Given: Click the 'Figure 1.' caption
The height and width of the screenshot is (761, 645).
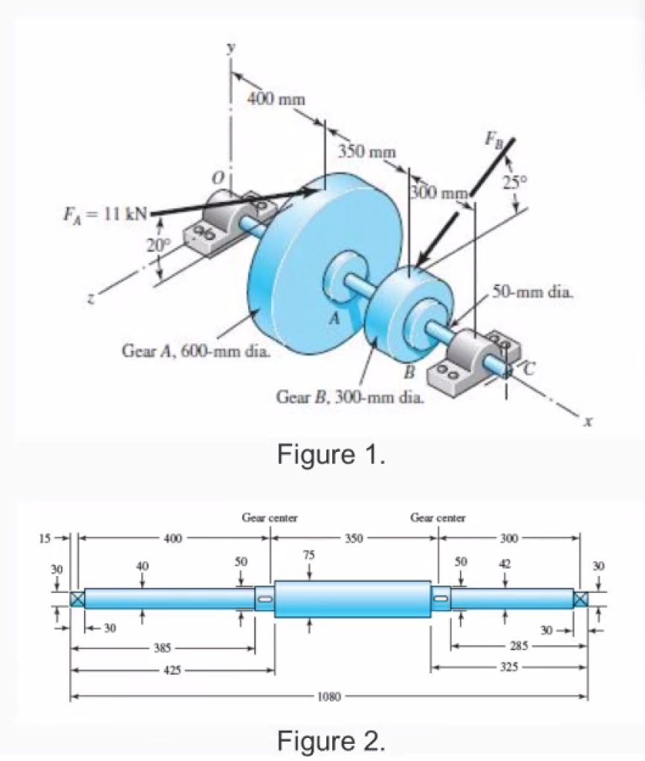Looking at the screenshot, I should click(x=331, y=453).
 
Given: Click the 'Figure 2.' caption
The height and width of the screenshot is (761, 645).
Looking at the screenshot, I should click(x=331, y=740).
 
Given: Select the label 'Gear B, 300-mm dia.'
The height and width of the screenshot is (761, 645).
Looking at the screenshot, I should click(x=351, y=397).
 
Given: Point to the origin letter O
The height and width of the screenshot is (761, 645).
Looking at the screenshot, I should click(x=217, y=178).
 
